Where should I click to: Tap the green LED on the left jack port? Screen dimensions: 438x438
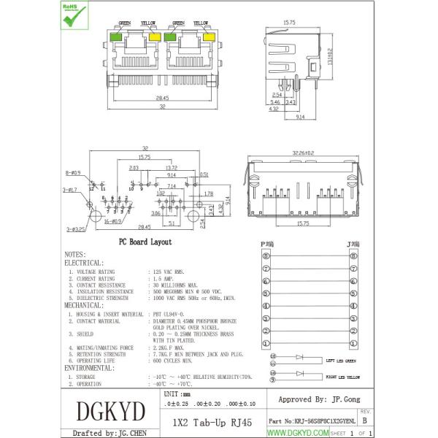pos(115,36)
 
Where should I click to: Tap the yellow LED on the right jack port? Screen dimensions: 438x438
pos(209,36)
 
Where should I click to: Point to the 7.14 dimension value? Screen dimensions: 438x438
pos(172,187)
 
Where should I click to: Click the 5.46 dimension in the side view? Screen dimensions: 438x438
pos(274,102)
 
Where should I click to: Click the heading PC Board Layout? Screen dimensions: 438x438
pos(145,241)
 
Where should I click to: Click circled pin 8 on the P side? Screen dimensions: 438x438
pos(266,257)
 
